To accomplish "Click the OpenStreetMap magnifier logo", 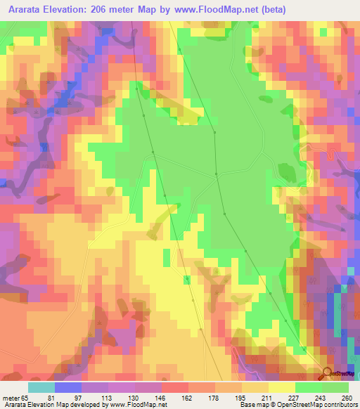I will click(328, 373).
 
